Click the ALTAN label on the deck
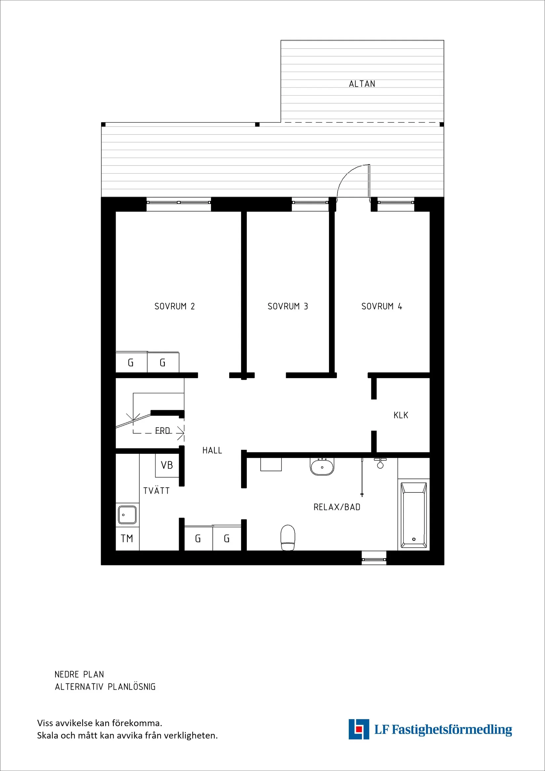pyautogui.click(x=362, y=84)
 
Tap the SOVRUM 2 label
pyautogui.click(x=174, y=306)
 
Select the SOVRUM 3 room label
pyautogui.click(x=288, y=306)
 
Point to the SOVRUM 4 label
pyautogui.click(x=381, y=306)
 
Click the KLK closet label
pyautogui.click(x=401, y=415)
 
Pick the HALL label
pyautogui.click(x=212, y=450)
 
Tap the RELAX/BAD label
pyautogui.click(x=337, y=507)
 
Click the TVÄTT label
pyautogui.click(x=156, y=491)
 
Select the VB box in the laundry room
pyautogui.click(x=167, y=465)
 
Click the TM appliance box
pyautogui.click(x=127, y=539)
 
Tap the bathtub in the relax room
pyautogui.click(x=414, y=515)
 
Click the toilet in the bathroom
pyautogui.click(x=288, y=538)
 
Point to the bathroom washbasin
pyautogui.click(x=322, y=466)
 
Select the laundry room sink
pyautogui.click(x=127, y=515)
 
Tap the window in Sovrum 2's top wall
pyautogui.click(x=179, y=202)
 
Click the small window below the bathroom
pyautogui.click(x=374, y=559)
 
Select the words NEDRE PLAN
pyautogui.click(x=79, y=674)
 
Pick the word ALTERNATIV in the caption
pyautogui.click(x=79, y=687)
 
